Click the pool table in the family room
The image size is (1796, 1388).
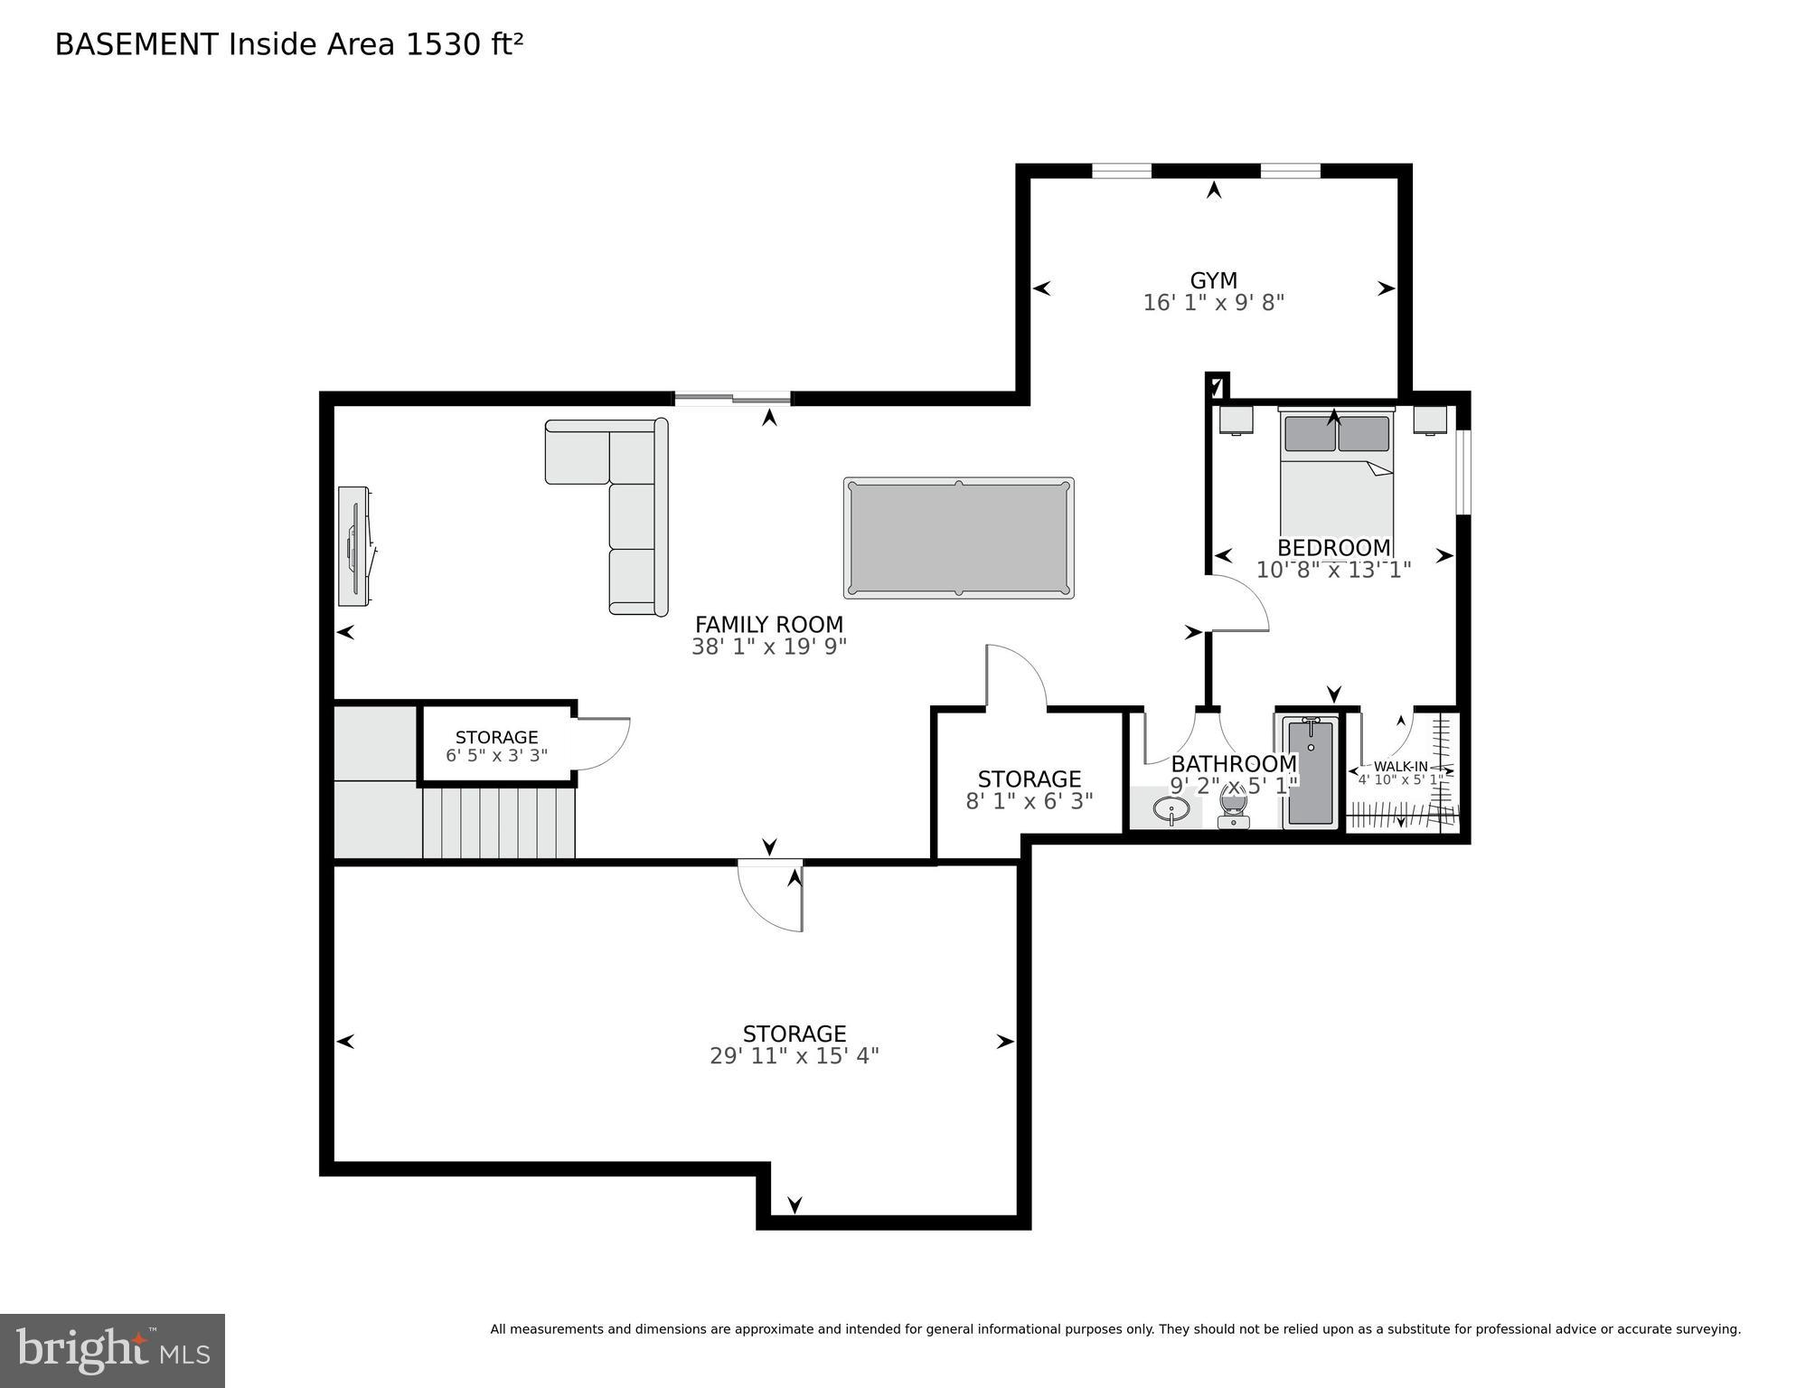[958, 538]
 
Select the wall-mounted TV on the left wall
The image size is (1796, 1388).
[353, 546]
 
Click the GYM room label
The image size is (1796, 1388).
[1213, 280]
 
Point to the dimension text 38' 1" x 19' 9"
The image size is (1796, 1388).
[768, 647]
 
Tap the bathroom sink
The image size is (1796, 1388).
[1171, 809]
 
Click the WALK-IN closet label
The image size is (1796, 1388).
[1400, 766]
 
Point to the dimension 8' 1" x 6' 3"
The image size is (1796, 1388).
[1029, 801]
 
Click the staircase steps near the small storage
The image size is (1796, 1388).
[498, 823]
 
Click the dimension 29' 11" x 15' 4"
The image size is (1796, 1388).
[794, 1056]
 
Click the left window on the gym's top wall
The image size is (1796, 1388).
[1121, 170]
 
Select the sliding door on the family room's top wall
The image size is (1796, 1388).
[732, 398]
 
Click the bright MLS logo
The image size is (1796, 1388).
[112, 1350]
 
